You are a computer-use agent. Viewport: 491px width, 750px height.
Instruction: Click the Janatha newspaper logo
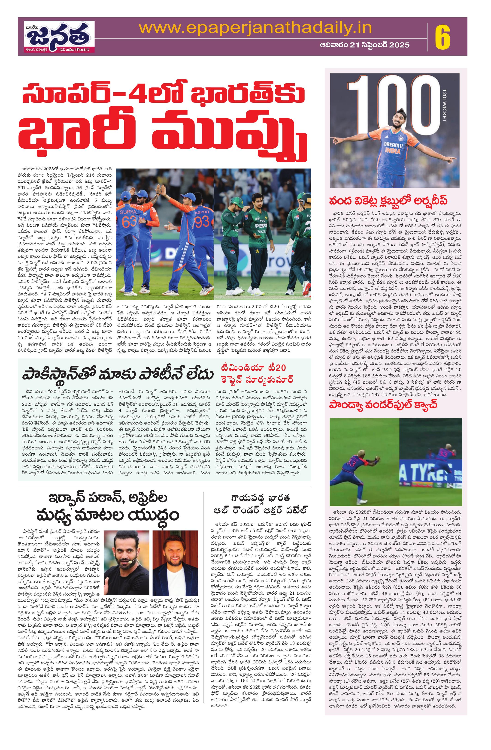pos(60,36)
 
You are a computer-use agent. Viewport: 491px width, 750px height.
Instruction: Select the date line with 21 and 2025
pos(364,45)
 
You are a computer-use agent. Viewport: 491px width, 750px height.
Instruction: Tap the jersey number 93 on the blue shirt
pos(202,222)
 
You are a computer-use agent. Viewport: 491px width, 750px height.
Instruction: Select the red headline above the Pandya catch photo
pos(383,404)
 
